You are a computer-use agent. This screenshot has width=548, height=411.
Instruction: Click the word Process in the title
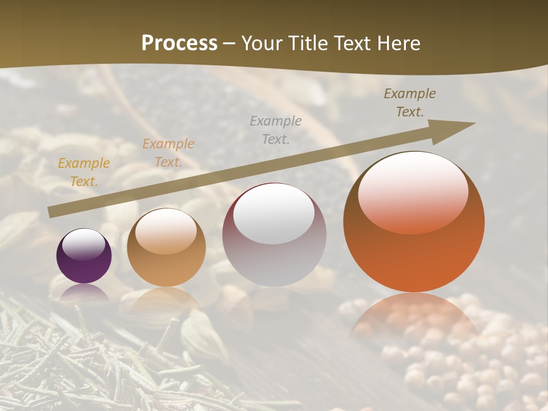(179, 43)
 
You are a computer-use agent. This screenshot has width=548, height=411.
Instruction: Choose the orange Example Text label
(168, 153)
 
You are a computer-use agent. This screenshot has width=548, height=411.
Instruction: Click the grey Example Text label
(276, 130)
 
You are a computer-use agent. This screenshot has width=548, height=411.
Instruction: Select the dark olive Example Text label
(410, 103)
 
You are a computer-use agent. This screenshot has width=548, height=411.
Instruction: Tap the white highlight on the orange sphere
(413, 191)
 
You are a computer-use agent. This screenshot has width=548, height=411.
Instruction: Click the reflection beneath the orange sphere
(414, 314)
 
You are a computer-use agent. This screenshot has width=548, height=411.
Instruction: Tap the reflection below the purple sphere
(84, 292)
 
